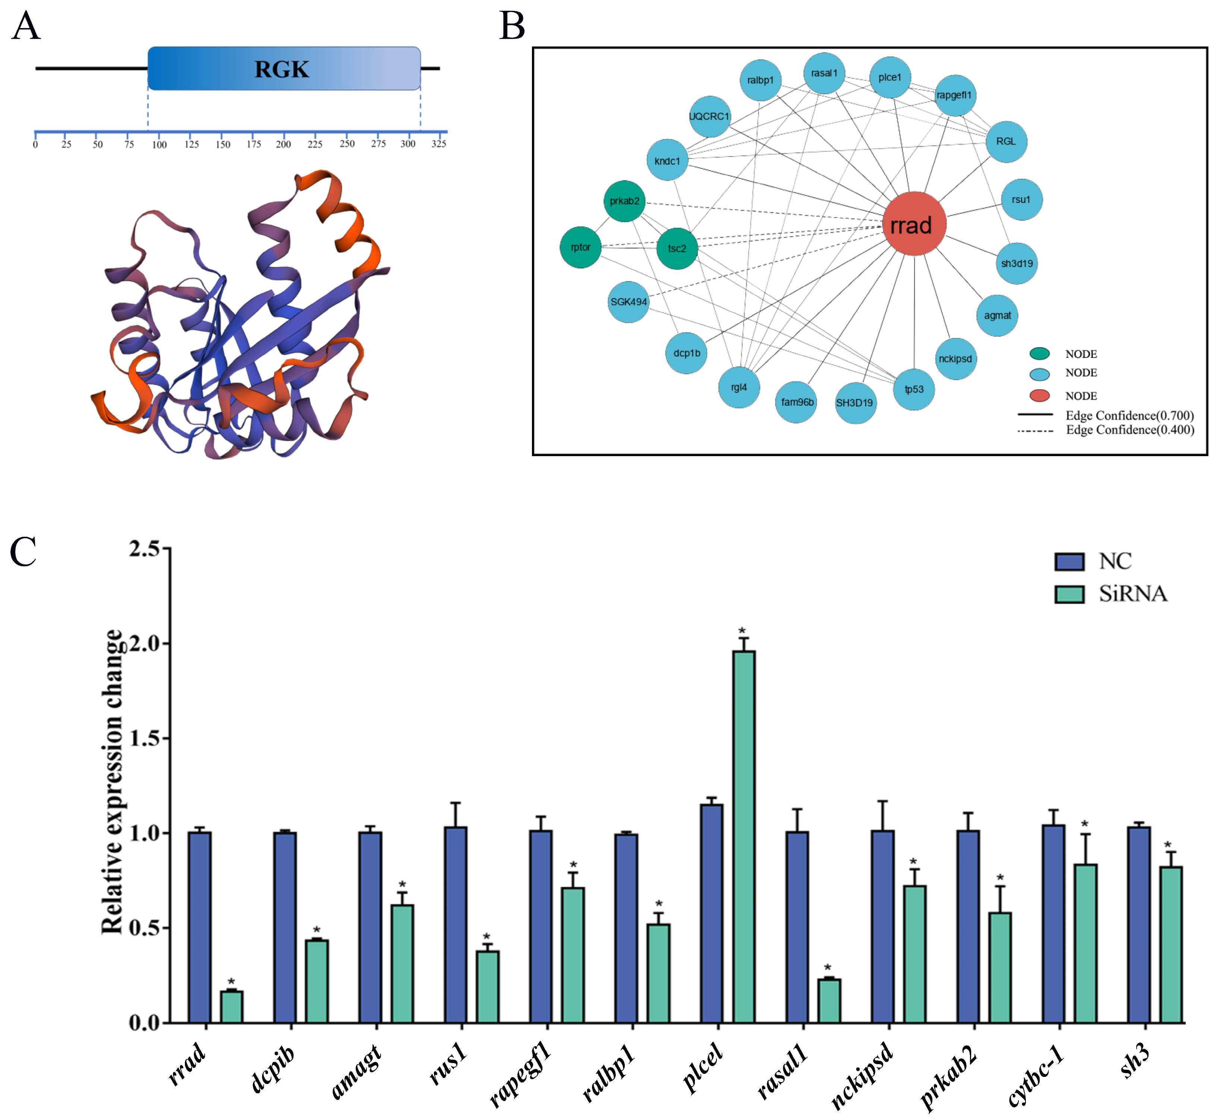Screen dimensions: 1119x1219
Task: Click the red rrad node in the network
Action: pyautogui.click(x=913, y=224)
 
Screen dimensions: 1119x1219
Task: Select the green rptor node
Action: pyautogui.click(x=580, y=247)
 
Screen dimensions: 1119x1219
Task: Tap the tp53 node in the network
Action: pyautogui.click(x=913, y=389)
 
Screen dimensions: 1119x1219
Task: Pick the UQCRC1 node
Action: pyautogui.click(x=709, y=116)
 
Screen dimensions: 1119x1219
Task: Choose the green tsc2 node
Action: pyautogui.click(x=677, y=248)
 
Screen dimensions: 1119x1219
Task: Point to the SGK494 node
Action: pyautogui.click(x=628, y=301)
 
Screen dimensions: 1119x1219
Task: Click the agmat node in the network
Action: pyautogui.click(x=997, y=316)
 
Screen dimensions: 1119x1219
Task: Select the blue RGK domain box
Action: pyautogui.click(x=283, y=68)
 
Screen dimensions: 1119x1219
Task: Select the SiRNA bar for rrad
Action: pyautogui.click(x=231, y=1007)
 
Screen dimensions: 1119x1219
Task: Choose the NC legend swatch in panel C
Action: pyautogui.click(x=1069, y=561)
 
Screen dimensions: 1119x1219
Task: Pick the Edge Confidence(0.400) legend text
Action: pyautogui.click(x=1130, y=430)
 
